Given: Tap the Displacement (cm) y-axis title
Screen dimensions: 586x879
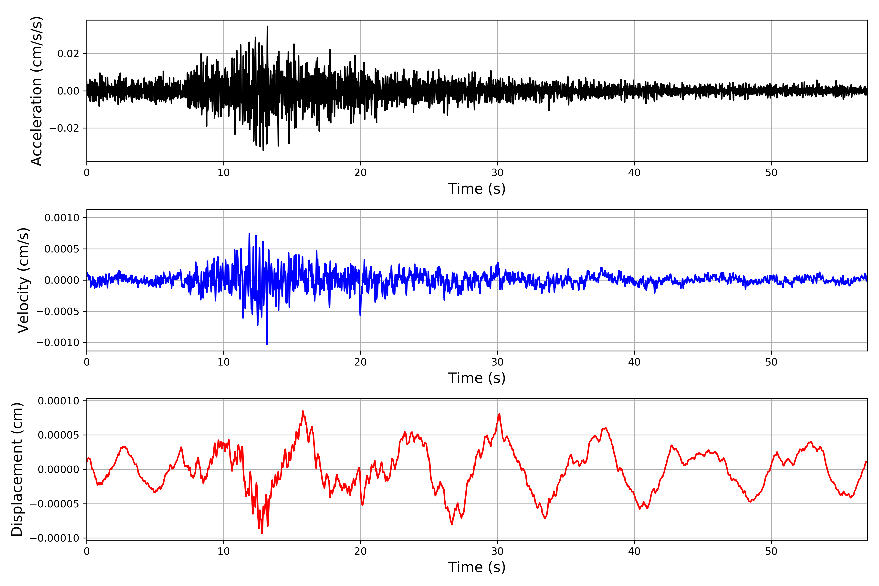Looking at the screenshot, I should [x=17, y=469].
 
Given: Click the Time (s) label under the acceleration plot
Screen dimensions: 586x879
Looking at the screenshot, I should [x=477, y=189].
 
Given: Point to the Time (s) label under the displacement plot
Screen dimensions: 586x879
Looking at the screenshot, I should [x=477, y=567].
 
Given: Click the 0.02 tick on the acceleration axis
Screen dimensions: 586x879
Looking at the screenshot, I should [x=68, y=54].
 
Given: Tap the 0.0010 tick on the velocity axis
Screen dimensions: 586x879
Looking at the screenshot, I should [x=62, y=218].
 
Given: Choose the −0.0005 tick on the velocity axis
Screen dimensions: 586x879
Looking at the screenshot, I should [x=58, y=311].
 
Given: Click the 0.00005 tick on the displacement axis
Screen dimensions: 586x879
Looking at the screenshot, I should [x=59, y=435].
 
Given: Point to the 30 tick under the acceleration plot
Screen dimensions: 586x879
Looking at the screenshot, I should [x=497, y=173].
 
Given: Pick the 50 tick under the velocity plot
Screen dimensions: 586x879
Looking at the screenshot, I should [x=771, y=362].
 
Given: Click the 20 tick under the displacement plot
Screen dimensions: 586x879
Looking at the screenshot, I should [x=361, y=551].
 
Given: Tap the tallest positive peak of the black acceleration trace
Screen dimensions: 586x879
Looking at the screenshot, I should [x=267, y=27].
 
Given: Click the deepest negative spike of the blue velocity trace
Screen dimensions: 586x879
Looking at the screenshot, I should [x=267, y=344].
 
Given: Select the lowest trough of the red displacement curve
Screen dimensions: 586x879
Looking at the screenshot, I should [x=262, y=533].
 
